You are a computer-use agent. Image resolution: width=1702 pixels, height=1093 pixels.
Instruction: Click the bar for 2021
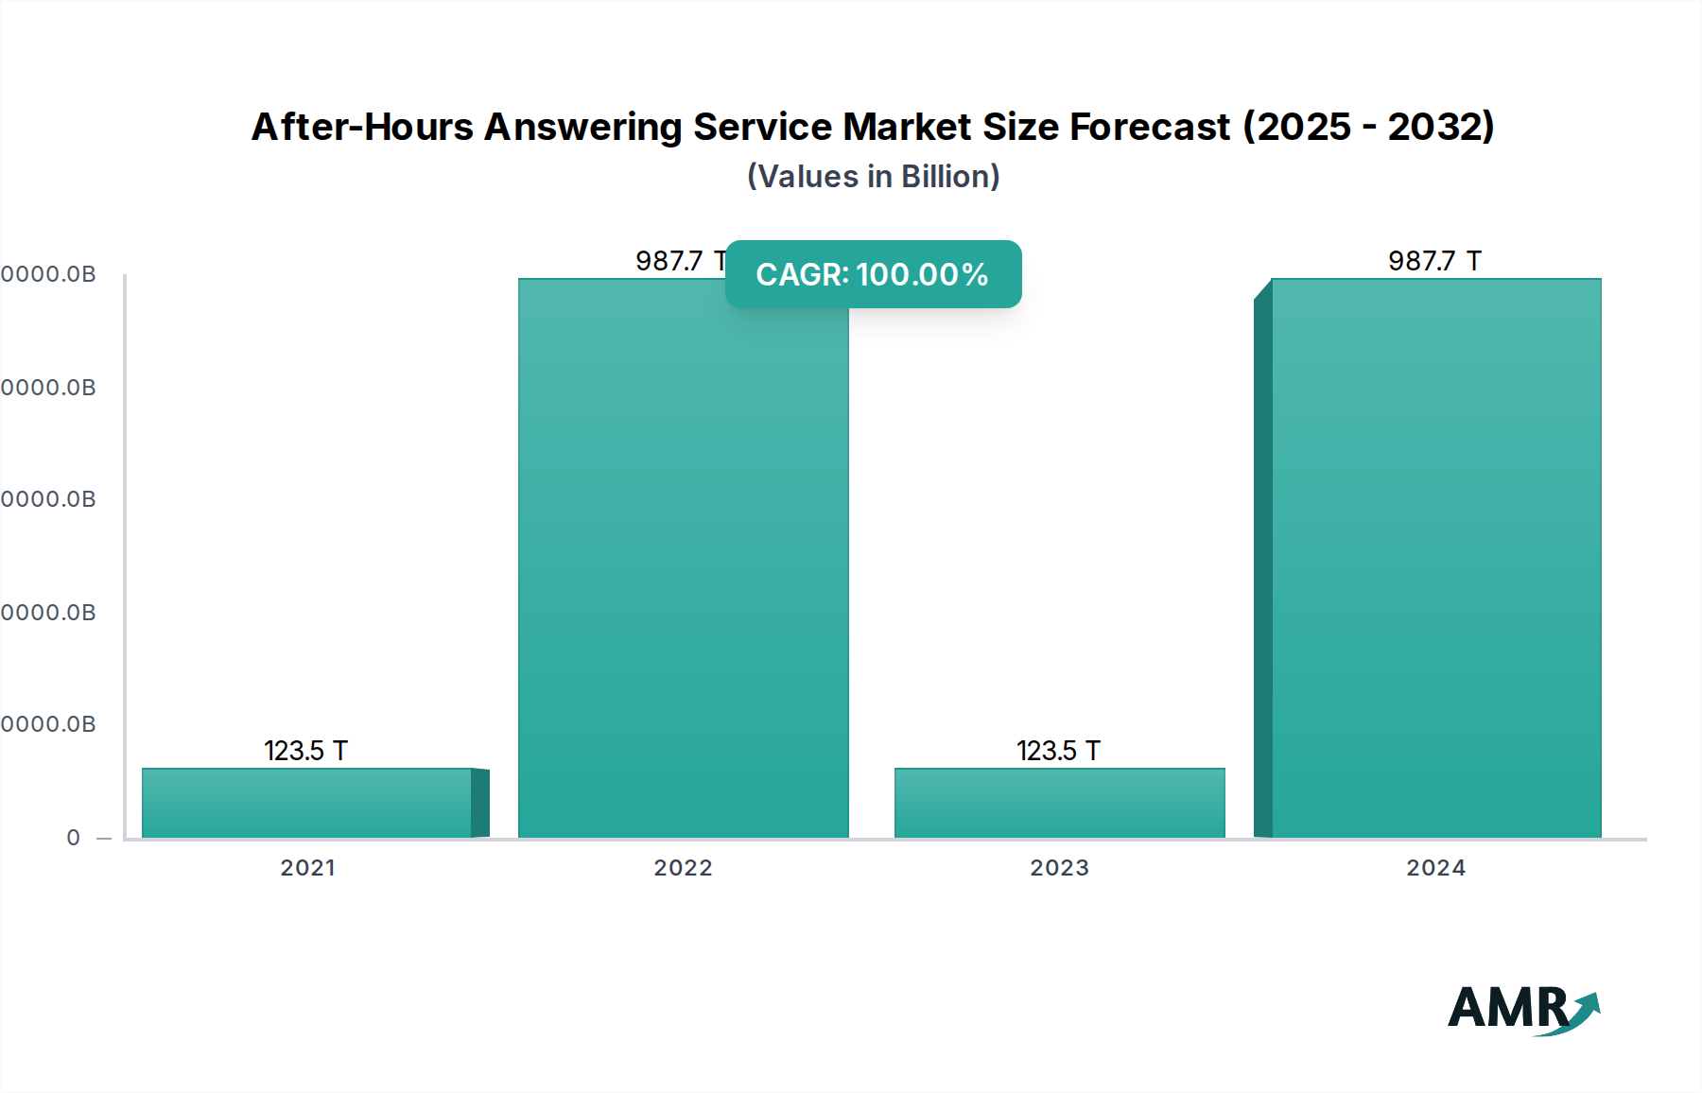click(307, 803)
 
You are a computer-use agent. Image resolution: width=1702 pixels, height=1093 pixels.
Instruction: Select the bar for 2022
click(683, 567)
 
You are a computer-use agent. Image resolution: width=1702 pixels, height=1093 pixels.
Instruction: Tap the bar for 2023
click(1059, 803)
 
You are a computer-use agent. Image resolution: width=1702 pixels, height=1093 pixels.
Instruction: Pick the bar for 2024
click(1435, 567)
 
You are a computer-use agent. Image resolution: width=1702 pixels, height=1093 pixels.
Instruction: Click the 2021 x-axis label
click(307, 868)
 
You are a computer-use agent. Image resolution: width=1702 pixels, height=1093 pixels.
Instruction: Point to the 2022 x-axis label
click(683, 868)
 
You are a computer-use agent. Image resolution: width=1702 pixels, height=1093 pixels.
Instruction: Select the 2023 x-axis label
click(1059, 868)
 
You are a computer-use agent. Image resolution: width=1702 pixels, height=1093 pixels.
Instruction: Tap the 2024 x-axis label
click(1435, 868)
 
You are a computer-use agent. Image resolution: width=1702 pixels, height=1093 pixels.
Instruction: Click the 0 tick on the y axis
click(74, 838)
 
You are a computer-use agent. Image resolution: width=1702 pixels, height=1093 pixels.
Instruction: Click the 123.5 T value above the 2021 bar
click(305, 751)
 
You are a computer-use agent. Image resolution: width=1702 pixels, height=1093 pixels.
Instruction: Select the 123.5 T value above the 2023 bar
click(1058, 751)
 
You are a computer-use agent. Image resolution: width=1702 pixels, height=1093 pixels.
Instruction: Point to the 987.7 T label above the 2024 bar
click(1434, 261)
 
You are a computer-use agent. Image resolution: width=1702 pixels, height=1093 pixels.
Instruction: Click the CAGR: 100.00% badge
click(873, 274)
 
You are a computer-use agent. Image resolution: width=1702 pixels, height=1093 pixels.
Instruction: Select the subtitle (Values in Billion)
click(873, 177)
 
